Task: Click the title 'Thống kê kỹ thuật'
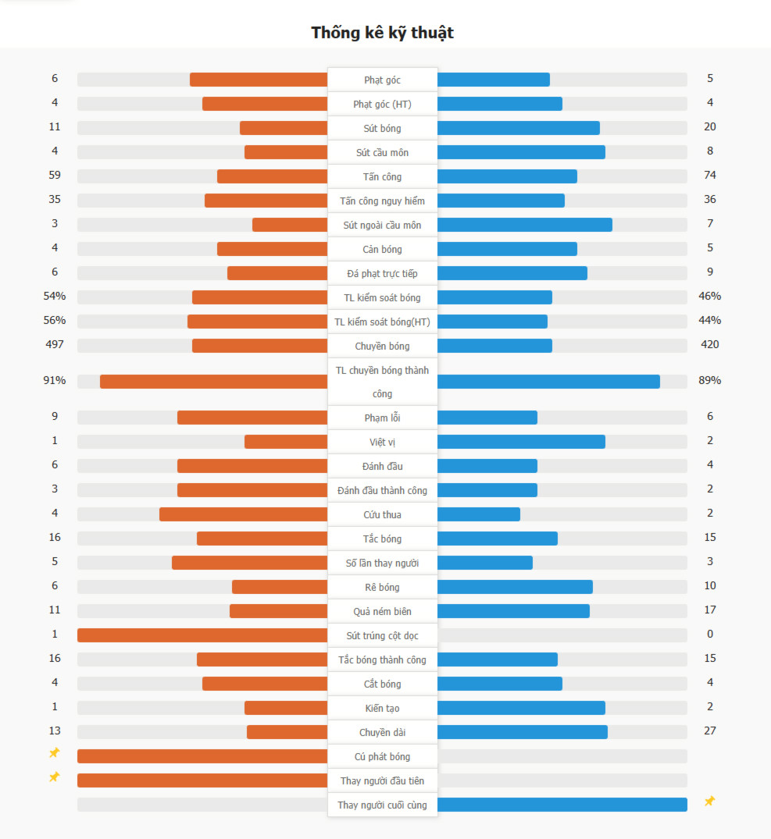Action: click(x=382, y=33)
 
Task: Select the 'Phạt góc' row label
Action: click(x=382, y=80)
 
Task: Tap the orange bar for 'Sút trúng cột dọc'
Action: click(x=202, y=635)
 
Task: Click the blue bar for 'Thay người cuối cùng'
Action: click(x=562, y=805)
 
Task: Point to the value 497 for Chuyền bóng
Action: click(x=55, y=344)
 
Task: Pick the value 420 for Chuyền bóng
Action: click(x=709, y=344)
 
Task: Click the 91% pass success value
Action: click(x=55, y=381)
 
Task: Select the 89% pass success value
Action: click(x=709, y=381)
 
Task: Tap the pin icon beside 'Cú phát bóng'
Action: click(x=54, y=753)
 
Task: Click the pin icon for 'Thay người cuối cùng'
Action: click(x=709, y=802)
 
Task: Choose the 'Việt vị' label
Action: click(x=382, y=442)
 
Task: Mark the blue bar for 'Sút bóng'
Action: click(x=518, y=128)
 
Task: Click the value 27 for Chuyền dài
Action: click(x=709, y=731)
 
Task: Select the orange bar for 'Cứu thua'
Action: click(x=243, y=514)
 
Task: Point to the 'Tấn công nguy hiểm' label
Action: click(x=382, y=201)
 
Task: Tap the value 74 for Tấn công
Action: click(x=709, y=175)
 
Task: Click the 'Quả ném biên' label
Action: click(x=382, y=611)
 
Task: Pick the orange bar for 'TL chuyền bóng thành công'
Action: click(x=213, y=382)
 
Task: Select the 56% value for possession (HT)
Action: click(x=55, y=320)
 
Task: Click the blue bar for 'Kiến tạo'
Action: click(x=521, y=708)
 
